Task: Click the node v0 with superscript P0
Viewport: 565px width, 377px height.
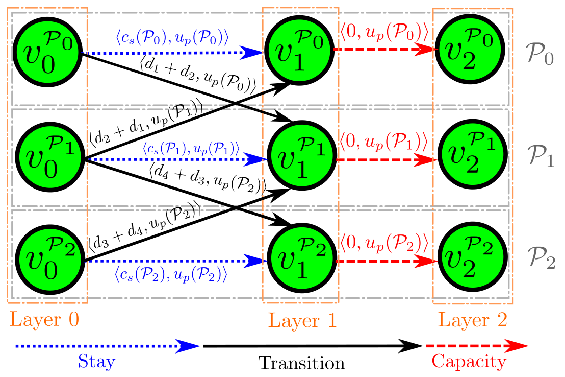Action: [47, 52]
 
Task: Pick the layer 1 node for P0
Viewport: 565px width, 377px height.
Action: [300, 52]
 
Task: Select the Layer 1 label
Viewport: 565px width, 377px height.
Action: [302, 321]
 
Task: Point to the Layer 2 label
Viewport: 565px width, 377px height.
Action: [473, 321]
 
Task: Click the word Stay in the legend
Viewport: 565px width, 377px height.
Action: [96, 362]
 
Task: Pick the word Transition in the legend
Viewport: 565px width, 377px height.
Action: [301, 363]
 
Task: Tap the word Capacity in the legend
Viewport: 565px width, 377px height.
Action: [469, 362]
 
